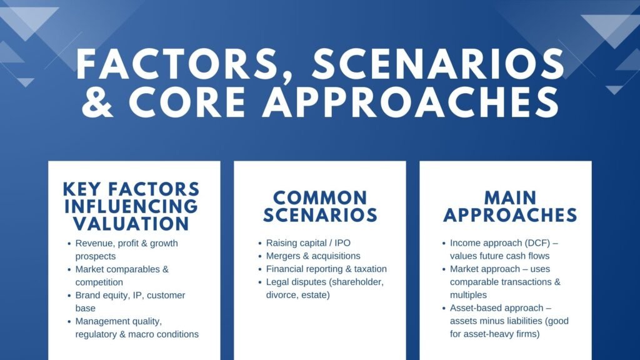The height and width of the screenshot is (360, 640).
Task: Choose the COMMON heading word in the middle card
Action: click(x=320, y=198)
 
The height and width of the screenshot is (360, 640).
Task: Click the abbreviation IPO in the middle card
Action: click(x=351, y=242)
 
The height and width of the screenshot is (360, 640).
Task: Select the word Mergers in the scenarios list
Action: click(x=285, y=256)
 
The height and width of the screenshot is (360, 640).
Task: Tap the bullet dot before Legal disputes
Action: click(x=259, y=282)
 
